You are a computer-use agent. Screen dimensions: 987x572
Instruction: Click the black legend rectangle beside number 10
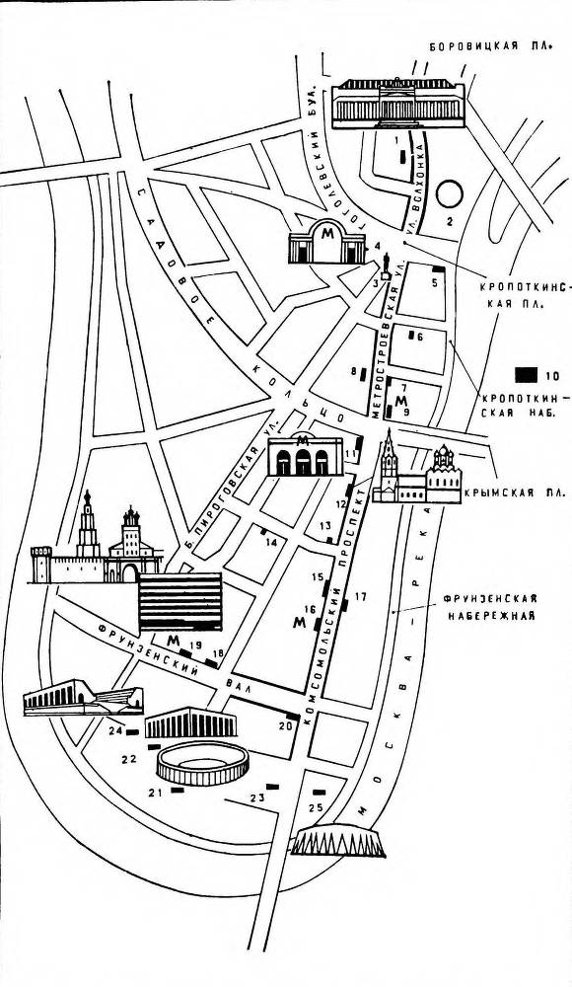click(x=525, y=374)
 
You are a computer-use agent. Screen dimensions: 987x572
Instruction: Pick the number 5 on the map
click(x=434, y=283)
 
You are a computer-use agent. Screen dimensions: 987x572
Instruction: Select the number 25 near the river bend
click(x=316, y=808)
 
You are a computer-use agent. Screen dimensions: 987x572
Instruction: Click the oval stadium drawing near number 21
click(x=204, y=764)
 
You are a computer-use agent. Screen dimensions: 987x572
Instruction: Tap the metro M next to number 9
click(x=400, y=402)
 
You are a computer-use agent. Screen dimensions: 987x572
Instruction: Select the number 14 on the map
click(x=268, y=542)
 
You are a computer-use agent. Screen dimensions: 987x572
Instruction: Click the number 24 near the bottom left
click(x=115, y=731)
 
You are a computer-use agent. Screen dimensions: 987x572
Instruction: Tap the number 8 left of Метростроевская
click(x=353, y=372)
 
